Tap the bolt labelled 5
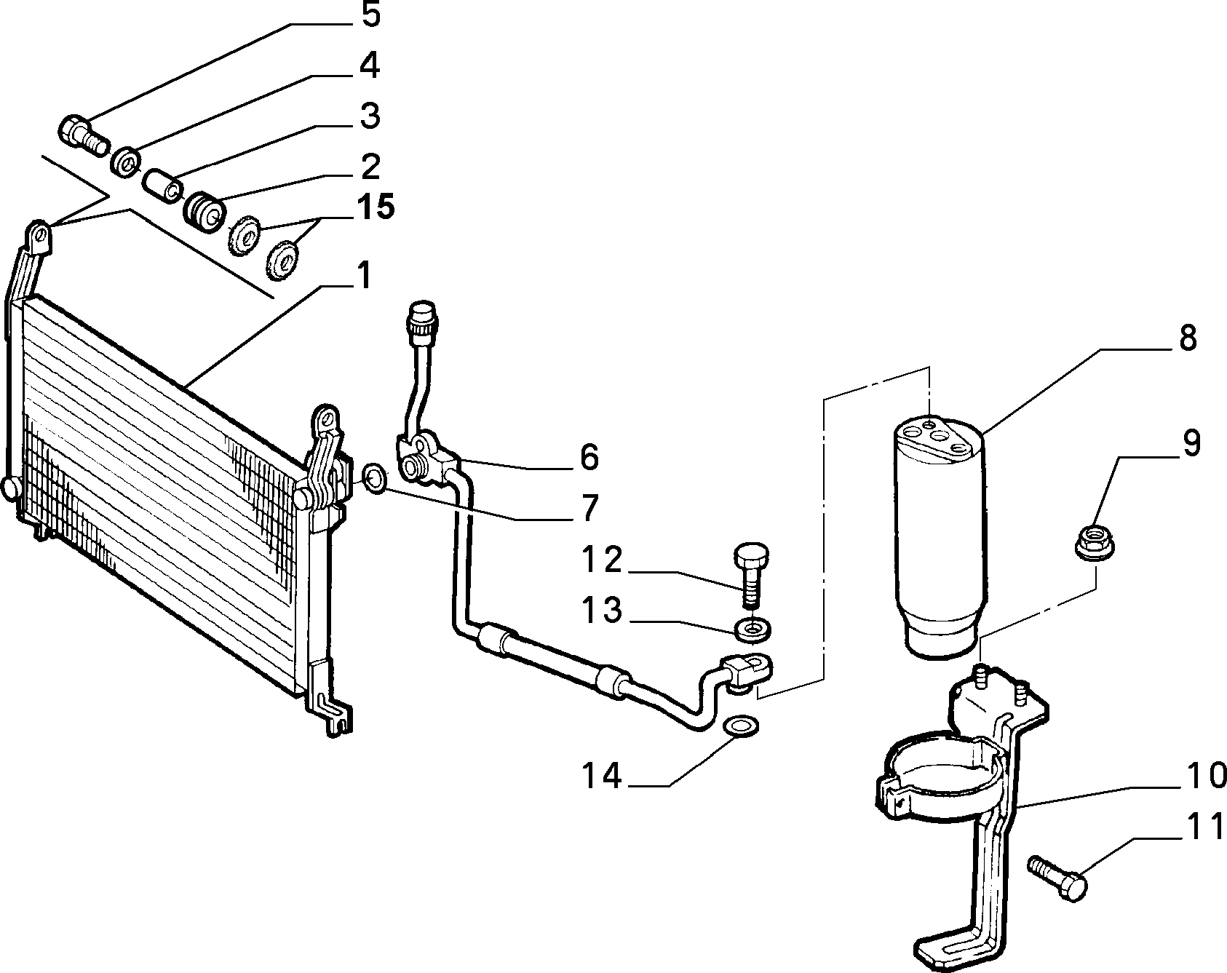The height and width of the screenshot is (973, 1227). (82, 135)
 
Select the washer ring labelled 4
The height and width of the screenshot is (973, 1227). (126, 160)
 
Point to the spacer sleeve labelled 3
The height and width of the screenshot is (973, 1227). (163, 183)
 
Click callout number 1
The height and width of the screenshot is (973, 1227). (363, 277)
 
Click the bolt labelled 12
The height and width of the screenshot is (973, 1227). (749, 573)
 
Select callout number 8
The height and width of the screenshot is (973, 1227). (1187, 338)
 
